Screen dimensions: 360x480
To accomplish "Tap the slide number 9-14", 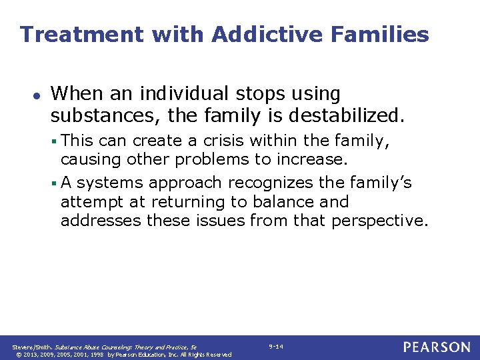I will (x=276, y=347).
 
